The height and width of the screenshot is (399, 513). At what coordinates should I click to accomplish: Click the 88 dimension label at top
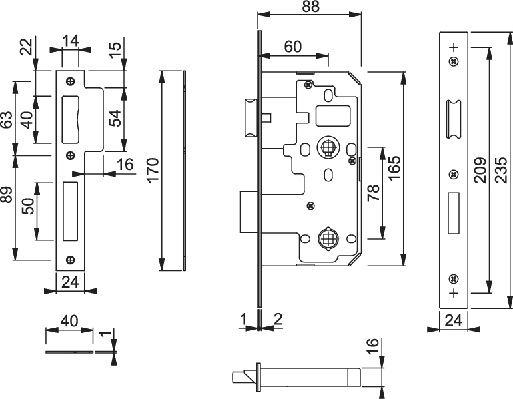coord(310,6)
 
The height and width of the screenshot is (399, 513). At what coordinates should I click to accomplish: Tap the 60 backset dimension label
coord(293,47)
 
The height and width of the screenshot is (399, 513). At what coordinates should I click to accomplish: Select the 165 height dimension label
coord(395,167)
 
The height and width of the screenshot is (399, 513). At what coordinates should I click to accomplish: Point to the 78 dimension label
coord(374,193)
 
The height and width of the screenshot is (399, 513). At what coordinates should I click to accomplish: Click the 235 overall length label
coord(501,170)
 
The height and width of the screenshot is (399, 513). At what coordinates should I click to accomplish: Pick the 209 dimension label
coord(480,170)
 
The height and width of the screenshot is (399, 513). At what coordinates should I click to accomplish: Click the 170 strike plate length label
coord(153,170)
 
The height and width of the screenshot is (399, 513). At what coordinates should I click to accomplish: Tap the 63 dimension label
coord(7,120)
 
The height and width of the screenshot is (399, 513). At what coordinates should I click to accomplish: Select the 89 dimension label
coord(7,195)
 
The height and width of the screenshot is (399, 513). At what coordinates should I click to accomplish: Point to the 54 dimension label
coord(115,119)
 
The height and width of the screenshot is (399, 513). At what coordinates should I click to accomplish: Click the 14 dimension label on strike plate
coord(71,41)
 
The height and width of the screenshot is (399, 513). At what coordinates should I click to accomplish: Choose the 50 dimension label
coord(29,206)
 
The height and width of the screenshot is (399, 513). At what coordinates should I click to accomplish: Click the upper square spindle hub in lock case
coord(328,147)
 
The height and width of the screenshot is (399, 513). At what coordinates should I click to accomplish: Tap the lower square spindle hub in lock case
coord(328,239)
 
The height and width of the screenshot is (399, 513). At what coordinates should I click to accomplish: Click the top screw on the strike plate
coord(71,81)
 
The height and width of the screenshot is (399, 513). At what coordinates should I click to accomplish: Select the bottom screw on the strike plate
coord(71,260)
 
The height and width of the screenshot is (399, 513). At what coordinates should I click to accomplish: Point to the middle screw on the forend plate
coord(454,175)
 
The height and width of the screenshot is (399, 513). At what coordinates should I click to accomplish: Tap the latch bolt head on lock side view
coord(251,118)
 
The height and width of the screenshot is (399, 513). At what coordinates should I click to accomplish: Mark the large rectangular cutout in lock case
coord(332,115)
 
